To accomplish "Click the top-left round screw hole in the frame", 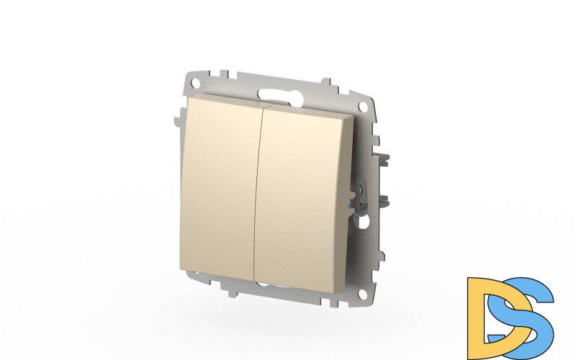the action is pos(195,81).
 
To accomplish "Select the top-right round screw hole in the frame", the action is pos(363,107).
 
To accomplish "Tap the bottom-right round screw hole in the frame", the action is pos(363,294).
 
